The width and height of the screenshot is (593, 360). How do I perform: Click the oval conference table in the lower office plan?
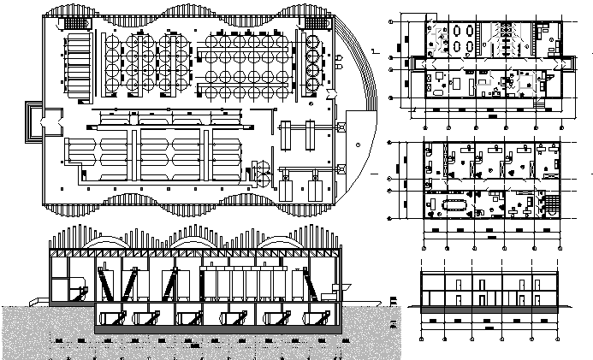pyautogui.click(x=452, y=205)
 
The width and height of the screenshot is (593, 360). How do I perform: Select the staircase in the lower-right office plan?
pyautogui.click(x=551, y=204)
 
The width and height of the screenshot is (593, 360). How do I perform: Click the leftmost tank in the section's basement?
pyautogui.click(x=112, y=320)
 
